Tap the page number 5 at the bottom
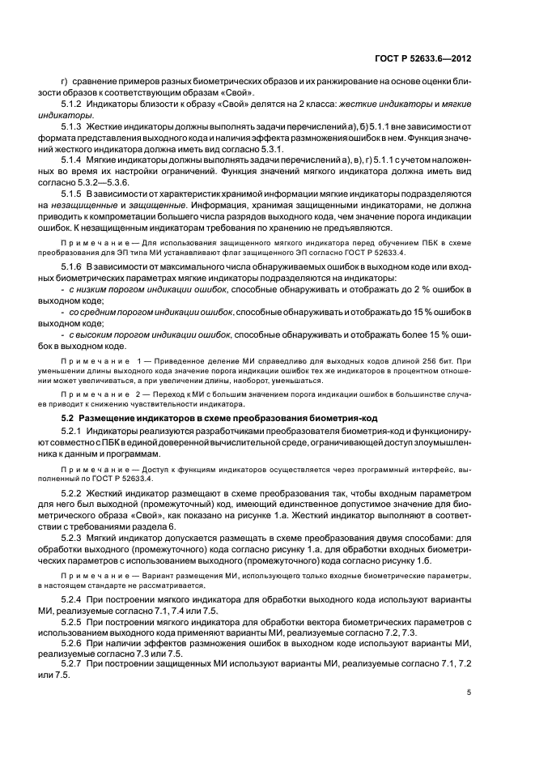click(x=470, y=693)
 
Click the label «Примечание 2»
click(x=104, y=393)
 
